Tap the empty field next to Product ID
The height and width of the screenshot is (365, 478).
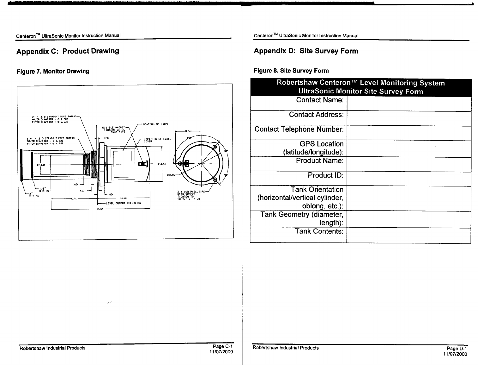[408, 179]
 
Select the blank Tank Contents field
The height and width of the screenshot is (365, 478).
[408, 235]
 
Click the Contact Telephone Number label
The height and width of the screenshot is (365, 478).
[299, 129]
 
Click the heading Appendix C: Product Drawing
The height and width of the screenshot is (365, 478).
[68, 51]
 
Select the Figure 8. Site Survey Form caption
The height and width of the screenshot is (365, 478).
[291, 71]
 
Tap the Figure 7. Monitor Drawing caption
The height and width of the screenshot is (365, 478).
[53, 71]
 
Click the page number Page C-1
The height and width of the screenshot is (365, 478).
[222, 347]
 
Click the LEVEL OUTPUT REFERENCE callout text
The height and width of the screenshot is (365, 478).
[124, 203]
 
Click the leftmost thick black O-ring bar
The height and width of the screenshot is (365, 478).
[21, 165]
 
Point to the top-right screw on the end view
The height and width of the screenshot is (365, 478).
[215, 147]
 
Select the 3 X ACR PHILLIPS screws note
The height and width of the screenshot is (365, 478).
[189, 195]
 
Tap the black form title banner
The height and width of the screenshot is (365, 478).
[360, 87]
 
